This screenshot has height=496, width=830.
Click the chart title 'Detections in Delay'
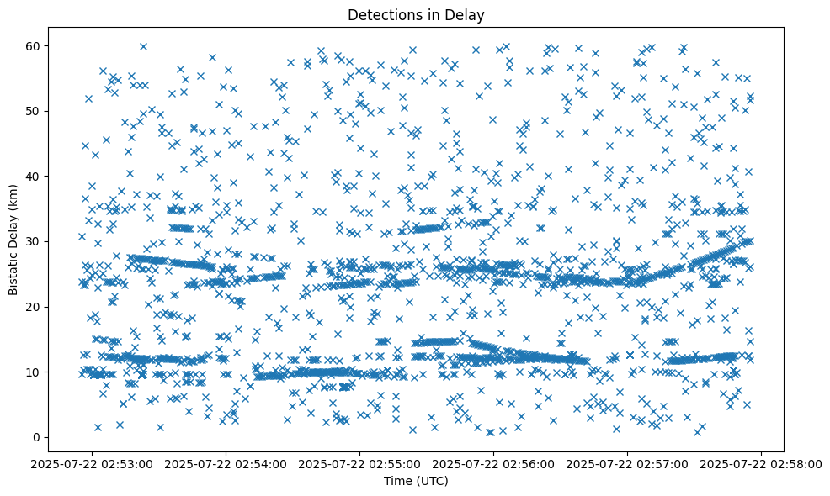point(416,14)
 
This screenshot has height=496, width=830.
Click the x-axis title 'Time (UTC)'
point(416,481)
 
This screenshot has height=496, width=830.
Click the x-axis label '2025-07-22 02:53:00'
point(93,463)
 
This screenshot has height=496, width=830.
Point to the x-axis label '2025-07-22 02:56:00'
point(494,463)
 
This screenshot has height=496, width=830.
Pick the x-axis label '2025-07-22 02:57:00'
point(628,463)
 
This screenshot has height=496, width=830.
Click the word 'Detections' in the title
point(384,14)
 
